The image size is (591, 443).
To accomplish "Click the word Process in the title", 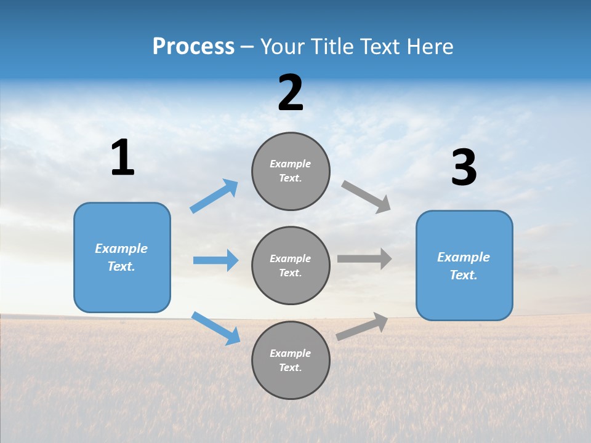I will tap(193, 47).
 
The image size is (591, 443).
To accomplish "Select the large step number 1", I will tap(123, 158).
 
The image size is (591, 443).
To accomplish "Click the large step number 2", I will tap(291, 93).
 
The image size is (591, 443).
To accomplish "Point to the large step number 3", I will tap(464, 168).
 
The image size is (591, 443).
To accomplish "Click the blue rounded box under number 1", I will tap(122, 257).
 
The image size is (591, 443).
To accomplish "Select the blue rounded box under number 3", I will tap(464, 266).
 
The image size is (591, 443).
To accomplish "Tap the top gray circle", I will tap(291, 171).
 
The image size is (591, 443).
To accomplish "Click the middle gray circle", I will tap(291, 266).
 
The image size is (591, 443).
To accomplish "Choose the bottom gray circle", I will tap(291, 361).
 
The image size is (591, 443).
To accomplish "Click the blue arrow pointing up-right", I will tap(214, 196).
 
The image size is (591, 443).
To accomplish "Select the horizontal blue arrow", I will tap(215, 260).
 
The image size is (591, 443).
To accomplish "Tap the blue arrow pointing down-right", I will tap(215, 329).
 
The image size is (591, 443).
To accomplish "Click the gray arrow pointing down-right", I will tap(366, 197).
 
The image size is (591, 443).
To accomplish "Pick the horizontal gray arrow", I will tap(364, 258).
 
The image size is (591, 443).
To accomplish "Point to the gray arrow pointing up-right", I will tap(362, 326).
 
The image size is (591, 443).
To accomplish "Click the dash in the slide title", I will tap(247, 47).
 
